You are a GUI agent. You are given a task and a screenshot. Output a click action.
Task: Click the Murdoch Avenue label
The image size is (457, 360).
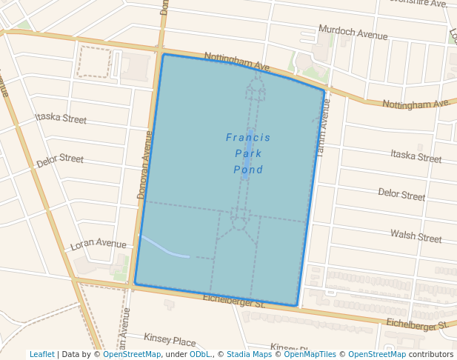353,33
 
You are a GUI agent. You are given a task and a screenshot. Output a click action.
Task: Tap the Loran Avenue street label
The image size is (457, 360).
99,244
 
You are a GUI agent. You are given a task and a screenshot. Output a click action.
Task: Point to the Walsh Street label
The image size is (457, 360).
416,236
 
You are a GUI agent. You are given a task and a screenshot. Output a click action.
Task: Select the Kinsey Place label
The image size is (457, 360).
170,341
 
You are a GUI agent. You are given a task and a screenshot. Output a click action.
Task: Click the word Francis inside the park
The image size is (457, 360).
248,138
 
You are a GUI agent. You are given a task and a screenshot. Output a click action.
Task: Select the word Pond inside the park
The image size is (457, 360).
248,170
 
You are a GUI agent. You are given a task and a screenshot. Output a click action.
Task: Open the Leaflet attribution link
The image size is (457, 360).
41,354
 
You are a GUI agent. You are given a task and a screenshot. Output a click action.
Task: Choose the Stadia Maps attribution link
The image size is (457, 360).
249,354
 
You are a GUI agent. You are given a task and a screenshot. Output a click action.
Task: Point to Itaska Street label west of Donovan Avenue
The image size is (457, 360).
61,119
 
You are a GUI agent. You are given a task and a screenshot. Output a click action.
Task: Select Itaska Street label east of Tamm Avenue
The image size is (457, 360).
416,156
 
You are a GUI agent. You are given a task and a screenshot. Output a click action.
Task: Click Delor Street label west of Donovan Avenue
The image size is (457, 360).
60,159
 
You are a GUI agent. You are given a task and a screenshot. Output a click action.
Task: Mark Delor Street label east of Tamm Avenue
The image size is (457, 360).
401,195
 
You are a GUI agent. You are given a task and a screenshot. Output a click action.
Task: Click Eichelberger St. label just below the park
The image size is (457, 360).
233,301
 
